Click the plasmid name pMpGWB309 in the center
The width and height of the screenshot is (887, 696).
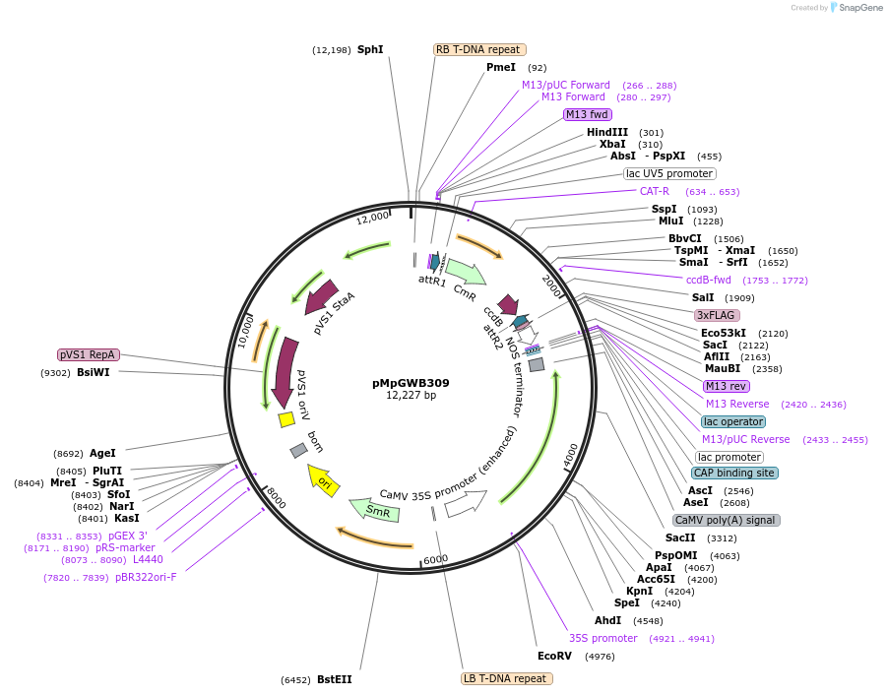point(411,383)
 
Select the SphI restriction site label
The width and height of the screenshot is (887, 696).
point(370,49)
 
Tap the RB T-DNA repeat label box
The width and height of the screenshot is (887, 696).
point(479,49)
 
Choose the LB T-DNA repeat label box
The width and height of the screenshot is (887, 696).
point(507,678)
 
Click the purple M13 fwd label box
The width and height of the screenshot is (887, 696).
point(587,114)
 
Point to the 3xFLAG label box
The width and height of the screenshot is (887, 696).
point(716,315)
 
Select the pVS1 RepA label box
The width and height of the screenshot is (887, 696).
point(89,354)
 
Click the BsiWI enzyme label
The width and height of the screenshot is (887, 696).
point(94,373)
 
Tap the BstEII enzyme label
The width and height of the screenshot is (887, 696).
point(334,679)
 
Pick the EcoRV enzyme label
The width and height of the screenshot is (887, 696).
point(554,656)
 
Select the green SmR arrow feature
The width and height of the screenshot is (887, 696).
point(375,510)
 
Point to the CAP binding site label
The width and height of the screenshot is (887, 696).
point(733,473)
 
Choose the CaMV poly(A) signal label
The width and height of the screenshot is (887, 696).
point(727,520)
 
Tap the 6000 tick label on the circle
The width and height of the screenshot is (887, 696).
point(435,558)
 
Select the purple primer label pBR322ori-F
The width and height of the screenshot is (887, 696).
point(146,578)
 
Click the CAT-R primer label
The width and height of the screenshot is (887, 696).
point(655,191)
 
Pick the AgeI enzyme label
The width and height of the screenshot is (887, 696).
point(102,454)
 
